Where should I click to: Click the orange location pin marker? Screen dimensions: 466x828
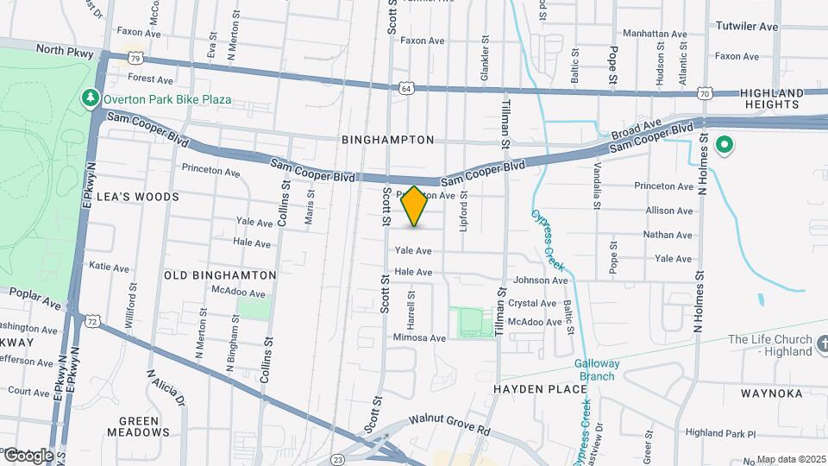click(415, 205)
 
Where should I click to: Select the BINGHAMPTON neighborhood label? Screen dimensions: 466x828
click(387, 139)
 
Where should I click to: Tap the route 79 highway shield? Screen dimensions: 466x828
click(133, 58)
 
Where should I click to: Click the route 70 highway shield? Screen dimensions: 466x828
click(705, 92)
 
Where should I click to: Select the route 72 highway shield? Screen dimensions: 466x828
click(91, 320)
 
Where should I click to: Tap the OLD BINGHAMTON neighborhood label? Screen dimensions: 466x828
click(220, 275)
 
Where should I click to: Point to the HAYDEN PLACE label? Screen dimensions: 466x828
click(540, 389)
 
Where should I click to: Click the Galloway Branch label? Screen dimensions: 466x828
click(595, 369)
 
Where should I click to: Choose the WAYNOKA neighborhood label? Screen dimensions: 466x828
click(772, 394)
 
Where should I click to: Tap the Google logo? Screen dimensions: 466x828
click(28, 455)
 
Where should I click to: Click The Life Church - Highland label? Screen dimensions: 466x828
click(770, 345)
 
